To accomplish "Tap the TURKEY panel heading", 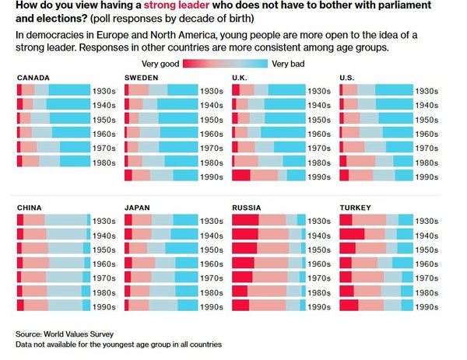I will click(x=356, y=208).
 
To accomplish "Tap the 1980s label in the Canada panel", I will click(x=104, y=162).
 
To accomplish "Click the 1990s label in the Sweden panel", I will click(x=212, y=176).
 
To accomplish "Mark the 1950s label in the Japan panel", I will click(x=212, y=249).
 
